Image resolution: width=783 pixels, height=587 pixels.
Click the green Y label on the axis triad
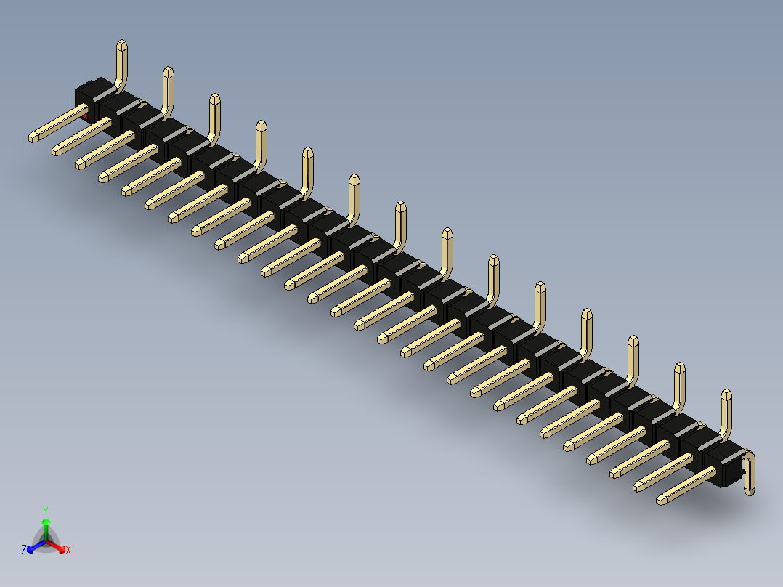click(x=45, y=511)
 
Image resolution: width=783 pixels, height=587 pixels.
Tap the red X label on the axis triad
click(x=68, y=551)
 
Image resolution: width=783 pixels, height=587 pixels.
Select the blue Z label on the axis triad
click(x=24, y=551)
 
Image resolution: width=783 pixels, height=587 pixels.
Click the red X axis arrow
click(x=58, y=546)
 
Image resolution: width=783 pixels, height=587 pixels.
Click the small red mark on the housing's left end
click(x=85, y=116)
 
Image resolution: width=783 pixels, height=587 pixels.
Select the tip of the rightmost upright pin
click(x=726, y=394)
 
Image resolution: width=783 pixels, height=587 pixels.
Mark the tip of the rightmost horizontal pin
click(x=662, y=500)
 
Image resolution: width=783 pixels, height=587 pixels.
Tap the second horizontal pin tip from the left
click(x=57, y=150)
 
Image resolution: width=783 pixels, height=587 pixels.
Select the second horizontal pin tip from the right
click(x=638, y=486)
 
